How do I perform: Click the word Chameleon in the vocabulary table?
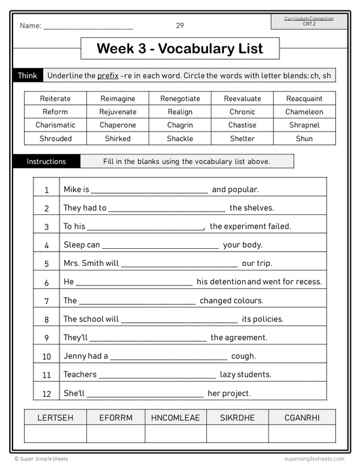coord(304,112)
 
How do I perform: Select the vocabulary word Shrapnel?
coord(304,125)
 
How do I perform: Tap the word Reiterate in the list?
coord(55,99)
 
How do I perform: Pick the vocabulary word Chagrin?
coord(180,125)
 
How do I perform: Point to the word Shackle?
coord(180,139)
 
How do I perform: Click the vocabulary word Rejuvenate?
coord(118,112)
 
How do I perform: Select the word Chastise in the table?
coord(242,125)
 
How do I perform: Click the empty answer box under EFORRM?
coord(116,434)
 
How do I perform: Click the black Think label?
coord(27,75)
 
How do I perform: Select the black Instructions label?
coord(46,161)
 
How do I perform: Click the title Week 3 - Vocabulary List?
coord(180,48)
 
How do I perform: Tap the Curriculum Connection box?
coord(309,21)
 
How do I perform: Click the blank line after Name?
coord(88,28)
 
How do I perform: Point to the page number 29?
coord(180,26)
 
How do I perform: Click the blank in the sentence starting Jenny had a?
coord(168,357)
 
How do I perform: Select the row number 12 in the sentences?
coord(46,394)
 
